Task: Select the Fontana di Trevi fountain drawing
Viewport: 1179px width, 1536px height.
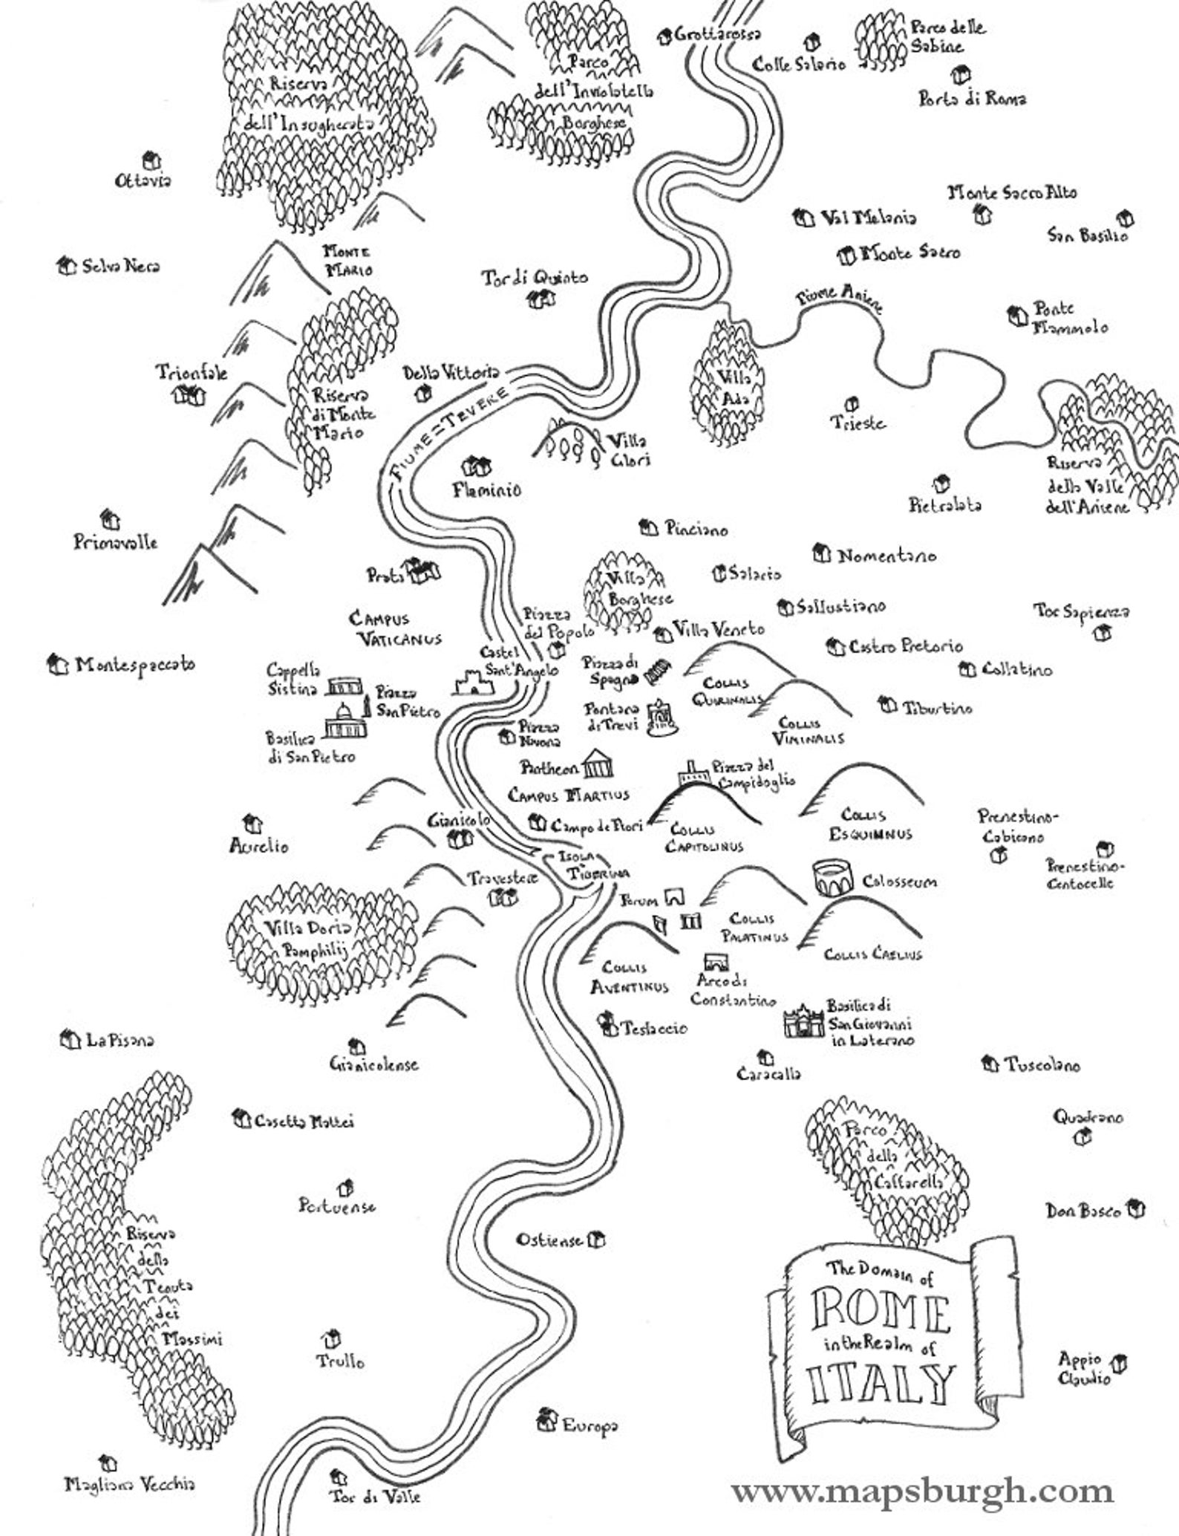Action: point(660,718)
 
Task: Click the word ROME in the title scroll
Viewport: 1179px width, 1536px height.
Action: point(881,1314)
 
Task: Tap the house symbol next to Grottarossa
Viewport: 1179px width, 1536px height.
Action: point(663,35)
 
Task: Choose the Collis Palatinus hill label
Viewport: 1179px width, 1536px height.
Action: point(758,928)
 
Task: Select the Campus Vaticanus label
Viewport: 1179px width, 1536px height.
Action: point(395,628)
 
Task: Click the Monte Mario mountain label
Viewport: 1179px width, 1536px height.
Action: point(347,261)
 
